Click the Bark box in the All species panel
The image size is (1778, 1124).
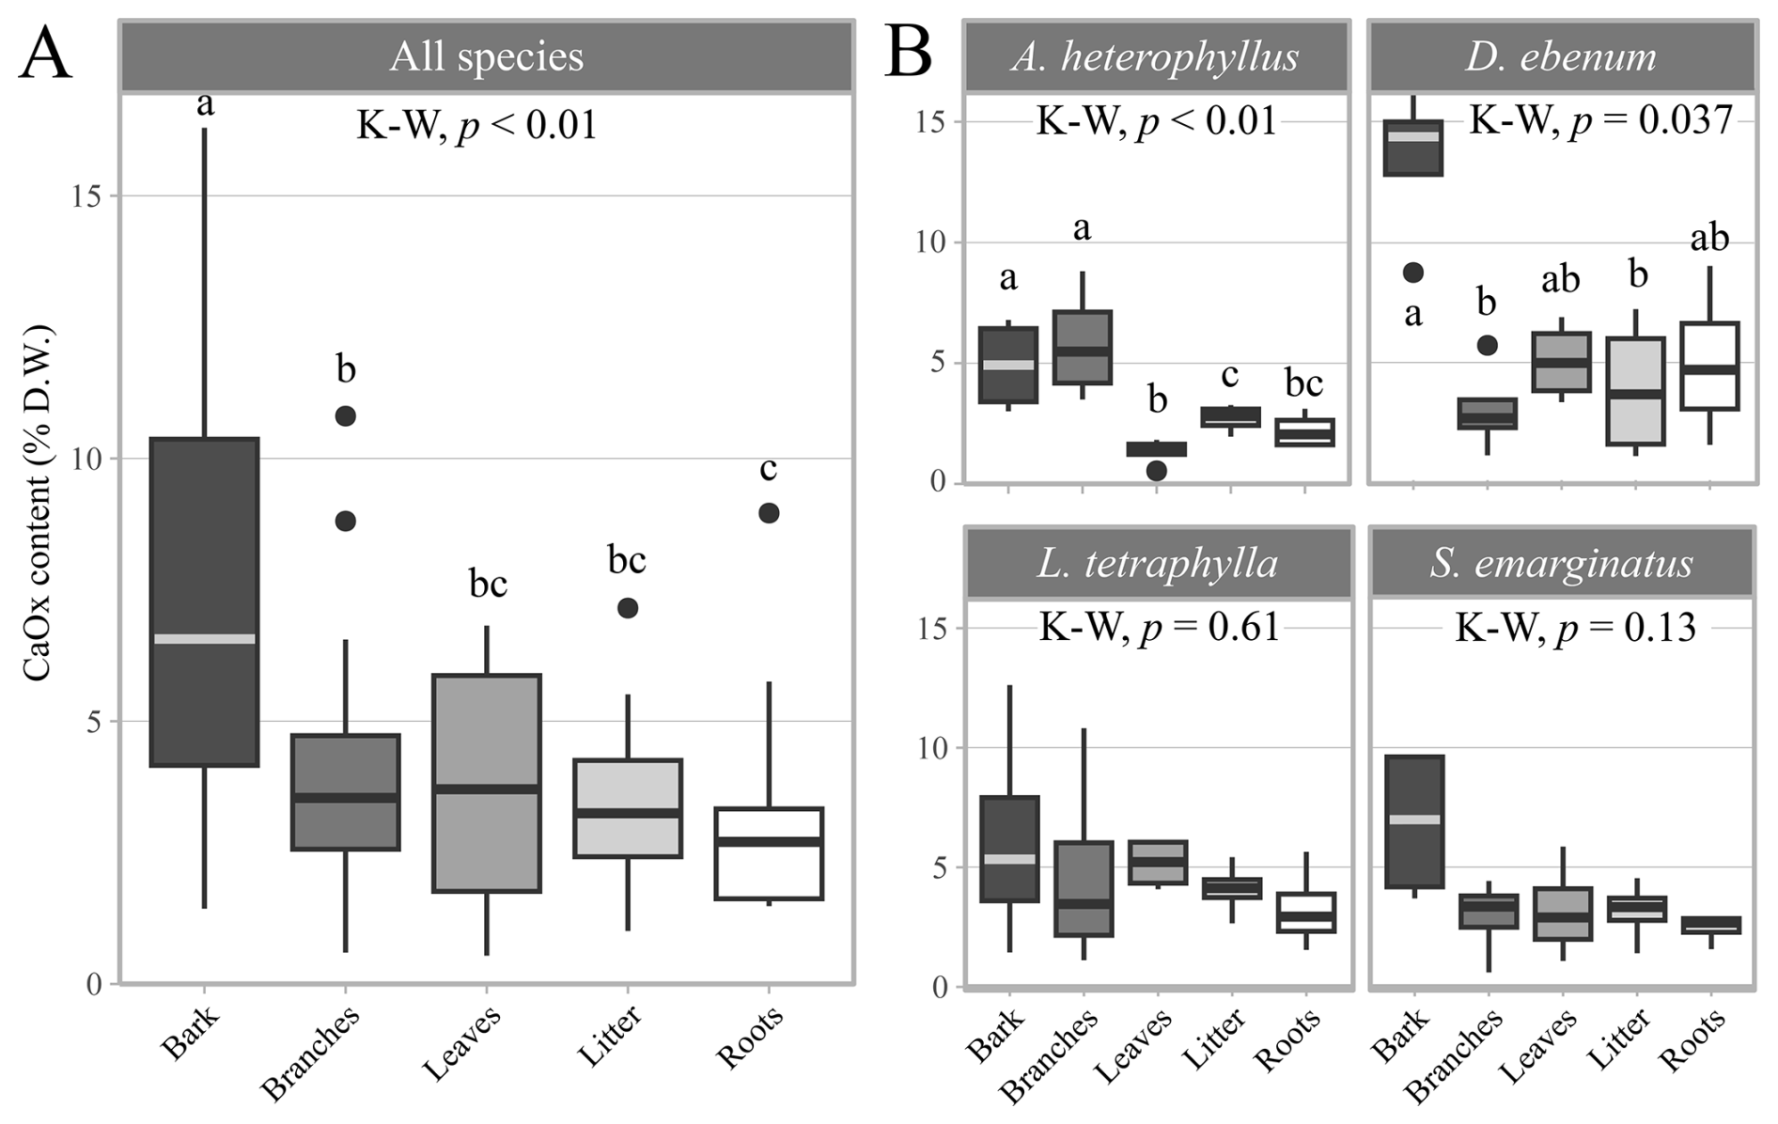[x=204, y=601]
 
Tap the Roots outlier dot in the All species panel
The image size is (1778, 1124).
[x=769, y=513]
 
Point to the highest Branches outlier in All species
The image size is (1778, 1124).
[x=346, y=415]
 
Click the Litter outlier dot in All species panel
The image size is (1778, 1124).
[x=628, y=608]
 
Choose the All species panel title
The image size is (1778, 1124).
[x=487, y=56]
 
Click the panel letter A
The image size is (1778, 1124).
[x=45, y=55]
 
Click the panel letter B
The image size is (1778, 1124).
[x=908, y=55]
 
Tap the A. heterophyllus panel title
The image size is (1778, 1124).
[x=1156, y=56]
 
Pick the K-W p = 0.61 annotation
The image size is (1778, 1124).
[x=1159, y=627]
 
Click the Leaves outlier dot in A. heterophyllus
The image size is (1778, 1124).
[x=1157, y=471]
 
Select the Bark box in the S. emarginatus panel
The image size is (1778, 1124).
[x=1413, y=821]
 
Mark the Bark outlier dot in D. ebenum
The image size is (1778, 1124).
[x=1412, y=273]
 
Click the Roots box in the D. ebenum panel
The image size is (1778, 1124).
[x=1710, y=366]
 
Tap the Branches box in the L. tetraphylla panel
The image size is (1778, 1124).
[x=1083, y=888]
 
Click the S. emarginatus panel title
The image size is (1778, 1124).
[x=1561, y=563]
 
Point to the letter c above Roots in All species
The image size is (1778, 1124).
[x=769, y=468]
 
